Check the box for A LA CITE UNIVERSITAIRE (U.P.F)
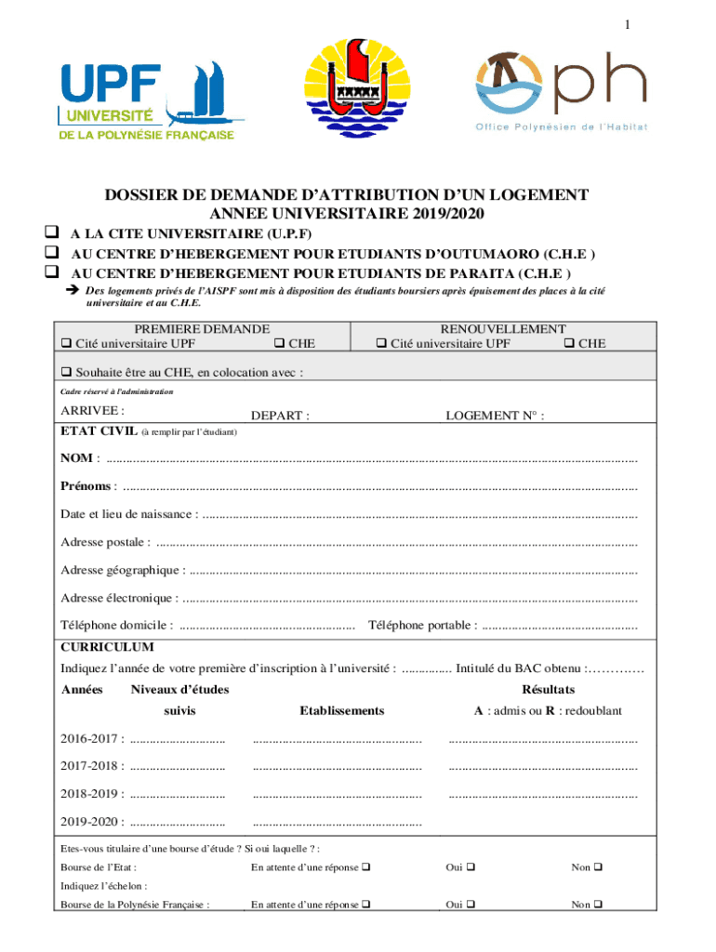click(51, 232)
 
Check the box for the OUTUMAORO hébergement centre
click(51, 253)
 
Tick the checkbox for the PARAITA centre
click(51, 272)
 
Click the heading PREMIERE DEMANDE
click(202, 329)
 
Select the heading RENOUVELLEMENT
click(503, 329)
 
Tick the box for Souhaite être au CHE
click(66, 373)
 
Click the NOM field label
click(76, 457)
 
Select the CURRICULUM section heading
click(107, 647)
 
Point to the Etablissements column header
click(341, 710)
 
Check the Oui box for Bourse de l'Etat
click(471, 867)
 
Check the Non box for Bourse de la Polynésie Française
click(597, 904)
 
